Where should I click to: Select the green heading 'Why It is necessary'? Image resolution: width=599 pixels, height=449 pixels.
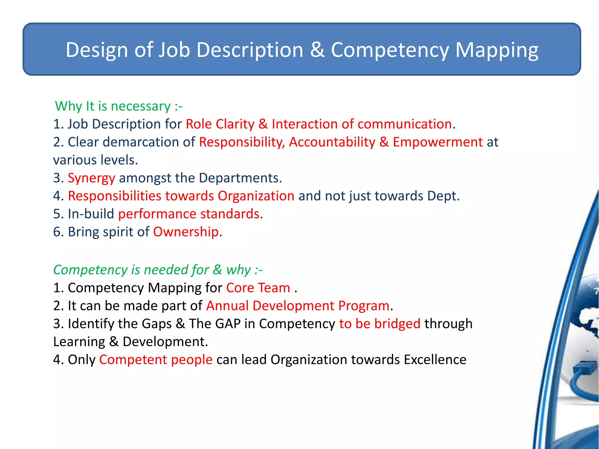point(118,106)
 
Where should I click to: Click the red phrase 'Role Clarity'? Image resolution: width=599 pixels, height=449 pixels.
point(220,124)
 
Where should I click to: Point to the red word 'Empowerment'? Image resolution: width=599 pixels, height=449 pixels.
point(438,142)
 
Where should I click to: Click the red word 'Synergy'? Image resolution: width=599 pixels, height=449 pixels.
point(91,178)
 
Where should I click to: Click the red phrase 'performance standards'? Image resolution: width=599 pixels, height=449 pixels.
point(189,214)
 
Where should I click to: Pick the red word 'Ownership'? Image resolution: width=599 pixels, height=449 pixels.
point(186,232)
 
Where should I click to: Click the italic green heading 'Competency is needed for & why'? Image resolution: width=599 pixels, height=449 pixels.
point(158,270)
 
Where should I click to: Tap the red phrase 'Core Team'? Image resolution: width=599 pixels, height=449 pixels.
point(258,288)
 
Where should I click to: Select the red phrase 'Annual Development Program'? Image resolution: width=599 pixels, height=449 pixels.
point(298,306)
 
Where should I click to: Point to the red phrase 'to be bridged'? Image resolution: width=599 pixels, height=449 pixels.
point(380,324)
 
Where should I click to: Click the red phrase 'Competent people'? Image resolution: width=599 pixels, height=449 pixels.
point(156,360)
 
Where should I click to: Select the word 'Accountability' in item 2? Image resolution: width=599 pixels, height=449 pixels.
point(332,142)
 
